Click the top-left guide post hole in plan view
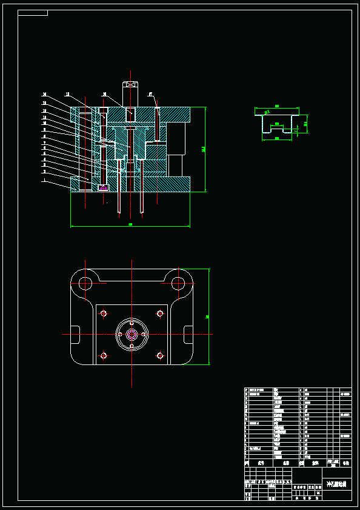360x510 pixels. click(85, 283)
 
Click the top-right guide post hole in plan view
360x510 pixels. click(178, 283)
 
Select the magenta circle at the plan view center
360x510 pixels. click(132, 334)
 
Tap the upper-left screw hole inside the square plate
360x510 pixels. click(104, 314)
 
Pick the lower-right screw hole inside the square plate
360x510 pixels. click(160, 355)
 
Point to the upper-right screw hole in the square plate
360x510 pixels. click(160, 314)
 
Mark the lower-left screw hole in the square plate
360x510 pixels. click(104, 355)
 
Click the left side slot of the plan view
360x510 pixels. click(75, 334)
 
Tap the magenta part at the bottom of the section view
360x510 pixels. click(103, 187)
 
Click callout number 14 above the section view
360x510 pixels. click(45, 95)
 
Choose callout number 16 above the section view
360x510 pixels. click(105, 95)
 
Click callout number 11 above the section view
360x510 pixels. click(67, 95)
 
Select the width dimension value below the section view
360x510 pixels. click(130, 224)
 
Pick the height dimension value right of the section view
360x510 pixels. click(204, 149)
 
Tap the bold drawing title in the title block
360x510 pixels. click(336, 485)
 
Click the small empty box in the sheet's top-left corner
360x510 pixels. click(33, 13)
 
